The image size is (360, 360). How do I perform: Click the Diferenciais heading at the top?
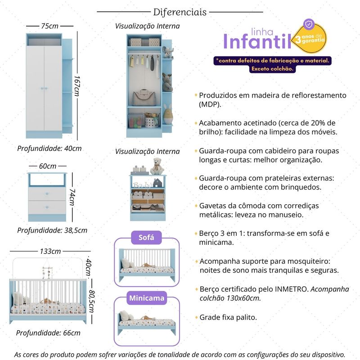(180, 12)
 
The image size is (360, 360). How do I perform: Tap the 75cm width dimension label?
(49, 26)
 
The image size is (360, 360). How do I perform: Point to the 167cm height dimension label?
(76, 86)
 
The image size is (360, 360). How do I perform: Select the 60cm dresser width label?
(48, 166)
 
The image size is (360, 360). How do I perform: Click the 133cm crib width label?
(50, 251)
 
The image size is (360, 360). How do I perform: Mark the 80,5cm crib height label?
(91, 301)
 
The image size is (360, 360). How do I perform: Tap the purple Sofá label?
(146, 238)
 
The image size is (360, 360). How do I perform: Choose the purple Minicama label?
(147, 298)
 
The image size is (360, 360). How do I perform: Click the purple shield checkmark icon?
(309, 24)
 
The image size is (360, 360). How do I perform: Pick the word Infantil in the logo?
(257, 41)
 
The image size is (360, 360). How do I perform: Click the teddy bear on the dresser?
(157, 166)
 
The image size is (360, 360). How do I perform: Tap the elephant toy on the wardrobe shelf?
(167, 52)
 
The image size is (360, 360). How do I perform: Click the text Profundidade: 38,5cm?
(52, 230)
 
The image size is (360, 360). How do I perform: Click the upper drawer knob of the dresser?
(47, 194)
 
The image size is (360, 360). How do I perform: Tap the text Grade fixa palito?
(228, 317)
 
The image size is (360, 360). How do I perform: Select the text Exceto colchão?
(272, 69)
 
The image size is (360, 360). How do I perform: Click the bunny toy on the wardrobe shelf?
(168, 114)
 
